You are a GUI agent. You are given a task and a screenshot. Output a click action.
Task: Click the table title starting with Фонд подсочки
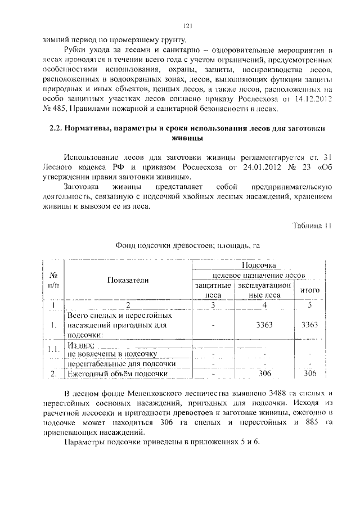(188, 246)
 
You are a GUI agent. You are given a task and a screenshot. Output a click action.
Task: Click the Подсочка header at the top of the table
(259, 264)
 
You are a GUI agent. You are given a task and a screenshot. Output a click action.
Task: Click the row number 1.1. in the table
(54, 350)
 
